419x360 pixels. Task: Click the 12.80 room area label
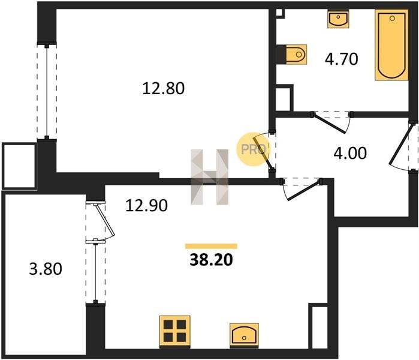(163, 89)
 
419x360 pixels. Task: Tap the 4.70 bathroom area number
(341, 59)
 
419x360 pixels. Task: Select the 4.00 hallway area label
(350, 153)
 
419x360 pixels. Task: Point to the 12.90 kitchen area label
(146, 206)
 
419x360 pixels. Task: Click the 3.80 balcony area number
(46, 269)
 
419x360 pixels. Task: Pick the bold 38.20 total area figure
(211, 260)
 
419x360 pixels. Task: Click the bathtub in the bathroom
(391, 45)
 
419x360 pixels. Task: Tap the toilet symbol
(296, 54)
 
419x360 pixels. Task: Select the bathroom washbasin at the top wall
(338, 19)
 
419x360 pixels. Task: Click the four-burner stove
(175, 332)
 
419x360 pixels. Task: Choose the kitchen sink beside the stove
(244, 335)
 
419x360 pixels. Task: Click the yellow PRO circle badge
(254, 149)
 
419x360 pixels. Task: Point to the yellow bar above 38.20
(211, 247)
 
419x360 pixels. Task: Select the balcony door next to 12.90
(101, 223)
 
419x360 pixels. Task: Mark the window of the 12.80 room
(47, 91)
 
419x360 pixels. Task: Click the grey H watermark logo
(210, 177)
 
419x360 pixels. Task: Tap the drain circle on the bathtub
(392, 18)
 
